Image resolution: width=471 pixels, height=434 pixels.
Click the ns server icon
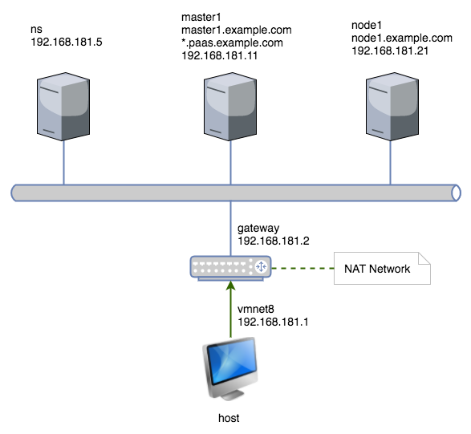63,107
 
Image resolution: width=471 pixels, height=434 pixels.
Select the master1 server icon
230,107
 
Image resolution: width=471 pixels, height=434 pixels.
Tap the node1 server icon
392,107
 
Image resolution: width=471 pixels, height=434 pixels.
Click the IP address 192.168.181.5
67,42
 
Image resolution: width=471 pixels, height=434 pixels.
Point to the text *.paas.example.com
232,43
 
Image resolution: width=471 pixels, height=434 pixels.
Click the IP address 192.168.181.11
220,55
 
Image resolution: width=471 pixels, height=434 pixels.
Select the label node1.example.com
402,39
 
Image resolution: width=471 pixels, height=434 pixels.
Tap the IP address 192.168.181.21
390,51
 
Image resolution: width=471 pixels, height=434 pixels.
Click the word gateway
258,229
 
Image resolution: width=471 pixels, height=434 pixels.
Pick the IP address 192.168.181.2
274,241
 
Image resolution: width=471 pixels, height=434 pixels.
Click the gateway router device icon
231,268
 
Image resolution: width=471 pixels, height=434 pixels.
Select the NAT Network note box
382,268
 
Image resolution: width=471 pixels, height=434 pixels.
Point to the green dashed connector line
302,268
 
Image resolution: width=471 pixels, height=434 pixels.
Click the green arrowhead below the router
231,286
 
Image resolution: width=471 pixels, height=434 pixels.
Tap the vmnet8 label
256,309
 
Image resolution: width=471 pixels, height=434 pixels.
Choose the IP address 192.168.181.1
273,322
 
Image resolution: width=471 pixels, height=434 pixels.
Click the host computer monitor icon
230,368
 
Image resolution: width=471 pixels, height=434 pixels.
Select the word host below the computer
229,418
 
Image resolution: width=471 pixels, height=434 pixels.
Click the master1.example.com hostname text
237,30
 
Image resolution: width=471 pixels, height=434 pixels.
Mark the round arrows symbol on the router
261,266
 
